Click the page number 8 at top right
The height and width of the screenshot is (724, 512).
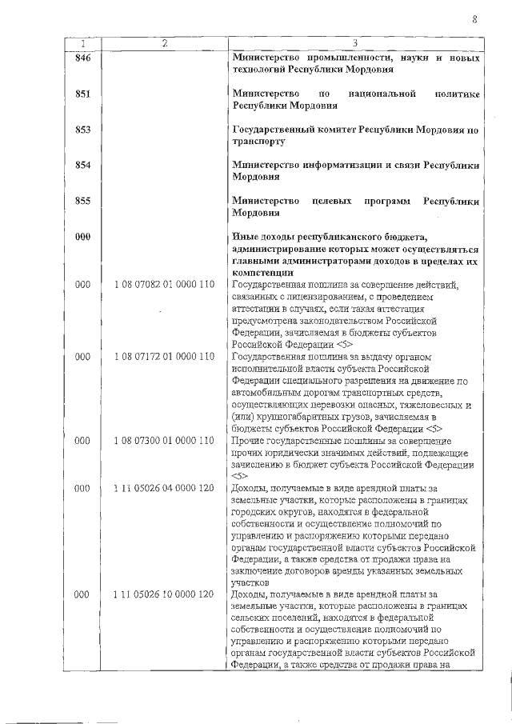click(x=474, y=20)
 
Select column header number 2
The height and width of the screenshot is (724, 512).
click(x=164, y=42)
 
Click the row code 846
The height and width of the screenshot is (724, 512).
click(x=82, y=58)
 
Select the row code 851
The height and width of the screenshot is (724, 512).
click(x=82, y=94)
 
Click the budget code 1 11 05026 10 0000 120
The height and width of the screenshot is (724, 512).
click(x=164, y=594)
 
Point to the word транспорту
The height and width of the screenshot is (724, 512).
click(x=258, y=142)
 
